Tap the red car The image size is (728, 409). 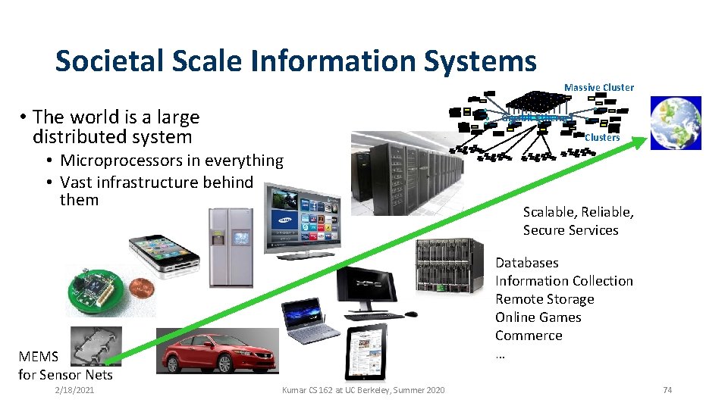tap(218, 354)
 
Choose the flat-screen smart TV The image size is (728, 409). tap(302, 218)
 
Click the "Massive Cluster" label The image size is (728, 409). tap(598, 87)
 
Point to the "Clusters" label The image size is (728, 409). tap(601, 138)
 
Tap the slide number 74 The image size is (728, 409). tap(667, 390)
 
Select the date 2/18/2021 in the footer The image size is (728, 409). tap(74, 390)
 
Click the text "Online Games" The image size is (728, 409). tap(538, 317)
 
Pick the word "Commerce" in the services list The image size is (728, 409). tap(529, 336)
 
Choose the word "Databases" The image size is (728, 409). tap(526, 263)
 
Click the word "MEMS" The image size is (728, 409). tap(38, 356)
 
